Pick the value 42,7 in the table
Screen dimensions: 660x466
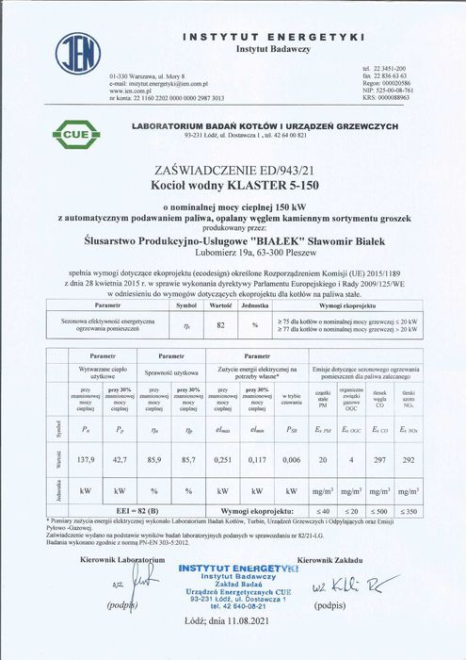pyautogui.click(x=121, y=463)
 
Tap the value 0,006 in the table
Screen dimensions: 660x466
pyautogui.click(x=292, y=463)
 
